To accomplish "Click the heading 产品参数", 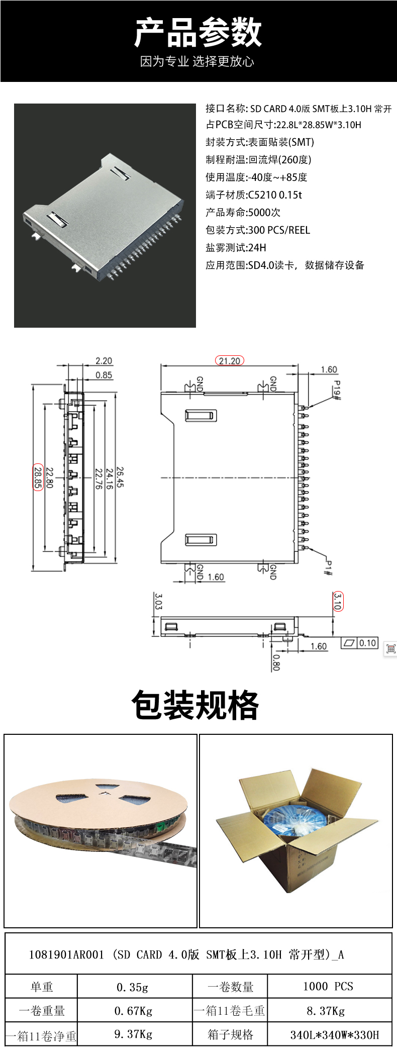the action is point(198,33).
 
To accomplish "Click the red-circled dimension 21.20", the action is point(229,360).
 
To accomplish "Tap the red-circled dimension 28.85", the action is point(38,477).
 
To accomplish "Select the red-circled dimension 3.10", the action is point(337,601).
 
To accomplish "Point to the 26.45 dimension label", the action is point(120,477).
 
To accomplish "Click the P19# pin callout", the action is point(337,391).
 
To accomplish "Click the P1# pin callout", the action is point(328,567).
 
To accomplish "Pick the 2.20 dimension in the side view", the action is point(104,360).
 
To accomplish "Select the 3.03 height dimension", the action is point(158,601).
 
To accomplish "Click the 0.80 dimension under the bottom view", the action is point(275,662).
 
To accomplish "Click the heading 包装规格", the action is point(195,705).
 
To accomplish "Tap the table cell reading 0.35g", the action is point(133,987).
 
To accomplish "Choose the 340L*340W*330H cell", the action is point(335,1035).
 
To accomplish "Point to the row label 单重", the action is point(42,987).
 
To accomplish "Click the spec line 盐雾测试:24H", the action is point(236,247).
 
